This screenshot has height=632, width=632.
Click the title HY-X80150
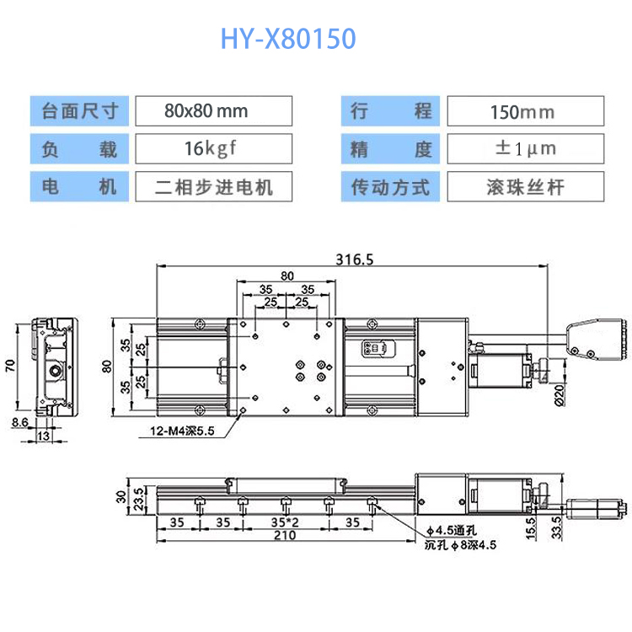pyautogui.click(x=288, y=39)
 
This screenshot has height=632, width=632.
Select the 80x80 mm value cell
pyautogui.click(x=213, y=111)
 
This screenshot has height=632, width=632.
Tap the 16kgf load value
pyautogui.click(x=213, y=149)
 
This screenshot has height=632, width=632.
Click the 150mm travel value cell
pyautogui.click(x=524, y=111)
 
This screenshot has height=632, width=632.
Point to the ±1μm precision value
pyautogui.click(x=524, y=149)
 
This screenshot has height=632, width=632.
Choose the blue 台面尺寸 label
pyautogui.click(x=80, y=111)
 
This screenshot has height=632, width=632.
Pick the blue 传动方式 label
pyautogui.click(x=390, y=187)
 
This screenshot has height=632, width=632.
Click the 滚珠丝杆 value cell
pyautogui.click(x=524, y=187)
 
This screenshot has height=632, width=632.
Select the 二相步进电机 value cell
pyautogui.click(x=213, y=187)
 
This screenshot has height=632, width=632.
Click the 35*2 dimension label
pyautogui.click(x=284, y=522)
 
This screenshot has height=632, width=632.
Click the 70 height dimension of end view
pyautogui.click(x=10, y=365)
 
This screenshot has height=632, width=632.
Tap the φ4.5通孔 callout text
pyautogui.click(x=452, y=530)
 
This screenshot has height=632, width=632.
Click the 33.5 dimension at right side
pyautogui.click(x=557, y=528)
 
